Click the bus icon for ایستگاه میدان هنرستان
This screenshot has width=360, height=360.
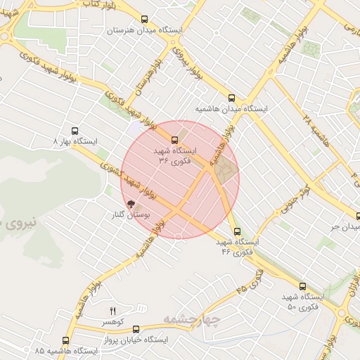pos(145,20)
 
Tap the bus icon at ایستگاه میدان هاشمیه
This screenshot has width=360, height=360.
pos(231,98)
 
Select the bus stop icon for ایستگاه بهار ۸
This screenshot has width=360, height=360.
pos(75,130)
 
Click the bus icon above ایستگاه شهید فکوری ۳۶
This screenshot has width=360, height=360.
pos(175,139)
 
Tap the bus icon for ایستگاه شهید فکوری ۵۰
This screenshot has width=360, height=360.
pos(303,286)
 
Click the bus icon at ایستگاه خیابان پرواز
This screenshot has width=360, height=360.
pos(136,328)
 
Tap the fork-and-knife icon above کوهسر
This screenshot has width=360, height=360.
pos(112,310)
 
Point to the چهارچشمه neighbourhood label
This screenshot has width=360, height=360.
pos(192,321)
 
